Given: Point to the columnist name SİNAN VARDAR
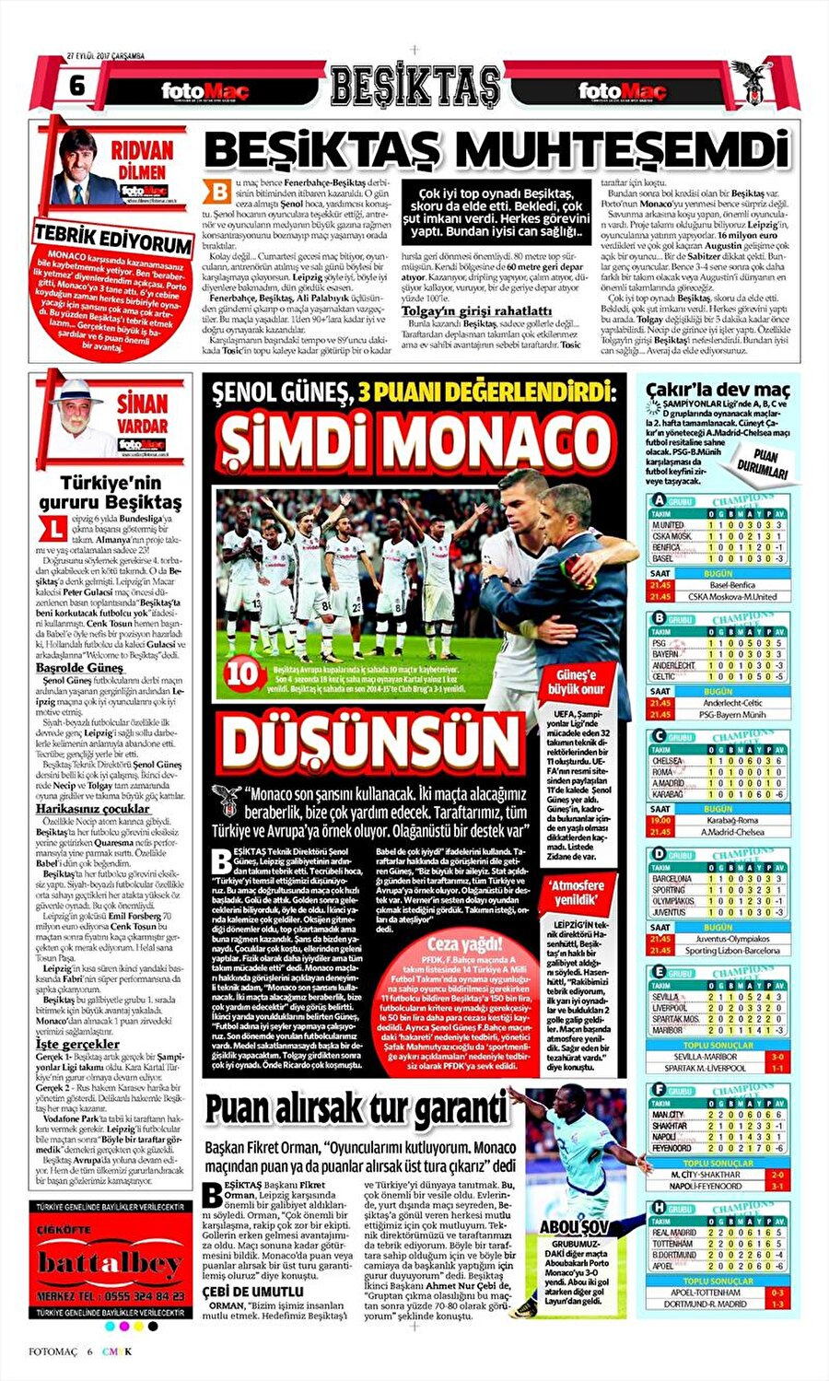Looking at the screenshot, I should (143, 415).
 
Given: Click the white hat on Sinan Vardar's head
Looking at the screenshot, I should (78, 386).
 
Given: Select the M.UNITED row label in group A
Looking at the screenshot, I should (670, 525).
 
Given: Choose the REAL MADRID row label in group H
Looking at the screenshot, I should (674, 1232).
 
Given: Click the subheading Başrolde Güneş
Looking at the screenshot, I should (79, 667).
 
